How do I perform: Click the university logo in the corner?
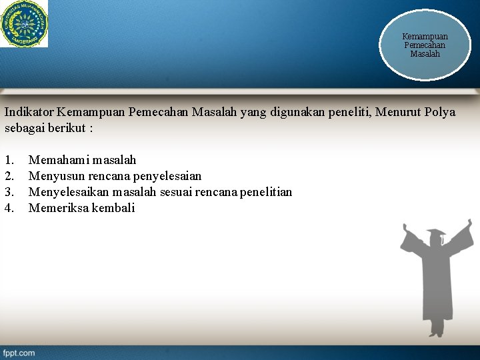pyautogui.click(x=24, y=23)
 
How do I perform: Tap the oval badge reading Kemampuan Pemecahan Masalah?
pyautogui.click(x=425, y=45)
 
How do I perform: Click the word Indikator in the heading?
pyautogui.click(x=29, y=112)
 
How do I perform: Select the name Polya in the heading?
pyautogui.click(x=440, y=112)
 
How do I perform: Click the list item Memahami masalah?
pyautogui.click(x=82, y=160)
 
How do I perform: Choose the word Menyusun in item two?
pyautogui.click(x=55, y=176)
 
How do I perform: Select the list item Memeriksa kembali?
pyautogui.click(x=81, y=208)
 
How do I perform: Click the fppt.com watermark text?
pyautogui.click(x=19, y=353)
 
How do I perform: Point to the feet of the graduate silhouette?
pyautogui.click(x=437, y=331)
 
